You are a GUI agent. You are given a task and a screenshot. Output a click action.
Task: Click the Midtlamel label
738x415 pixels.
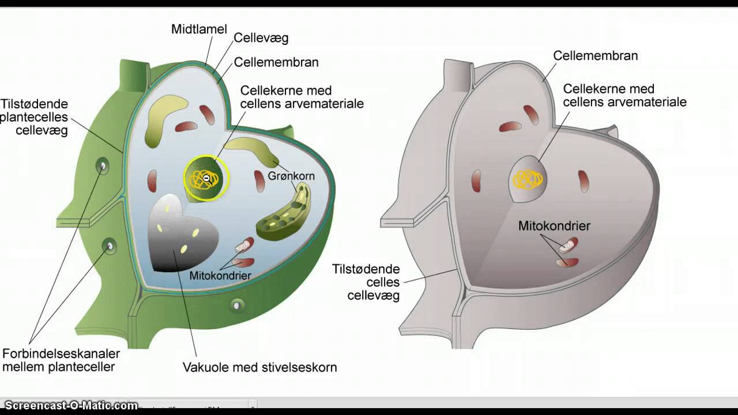199,29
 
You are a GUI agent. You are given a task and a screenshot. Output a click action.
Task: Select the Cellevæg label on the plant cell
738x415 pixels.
261,39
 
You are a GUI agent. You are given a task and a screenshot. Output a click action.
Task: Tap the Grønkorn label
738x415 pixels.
291,176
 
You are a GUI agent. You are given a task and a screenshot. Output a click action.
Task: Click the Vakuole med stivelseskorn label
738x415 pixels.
259,367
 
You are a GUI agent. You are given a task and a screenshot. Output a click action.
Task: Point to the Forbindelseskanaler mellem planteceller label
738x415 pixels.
61,360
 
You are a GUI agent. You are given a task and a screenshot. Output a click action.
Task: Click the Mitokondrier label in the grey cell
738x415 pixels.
554,226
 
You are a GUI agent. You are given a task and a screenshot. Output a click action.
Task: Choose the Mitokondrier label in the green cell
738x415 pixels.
220,276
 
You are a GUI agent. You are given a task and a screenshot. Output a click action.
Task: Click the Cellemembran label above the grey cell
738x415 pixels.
595,56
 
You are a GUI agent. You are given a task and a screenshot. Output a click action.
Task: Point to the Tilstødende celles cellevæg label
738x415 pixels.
366,282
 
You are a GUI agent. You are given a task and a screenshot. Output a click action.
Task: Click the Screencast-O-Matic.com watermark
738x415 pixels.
71,406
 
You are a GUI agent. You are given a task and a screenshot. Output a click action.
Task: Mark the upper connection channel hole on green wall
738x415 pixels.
103,167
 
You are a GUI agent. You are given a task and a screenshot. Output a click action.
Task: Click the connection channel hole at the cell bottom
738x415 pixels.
237,305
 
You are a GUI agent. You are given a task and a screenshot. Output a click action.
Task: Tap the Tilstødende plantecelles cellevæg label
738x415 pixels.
35,118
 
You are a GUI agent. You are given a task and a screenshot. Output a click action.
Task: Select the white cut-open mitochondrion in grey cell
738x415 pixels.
568,246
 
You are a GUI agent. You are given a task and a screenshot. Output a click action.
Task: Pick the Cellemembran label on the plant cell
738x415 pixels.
276,62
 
